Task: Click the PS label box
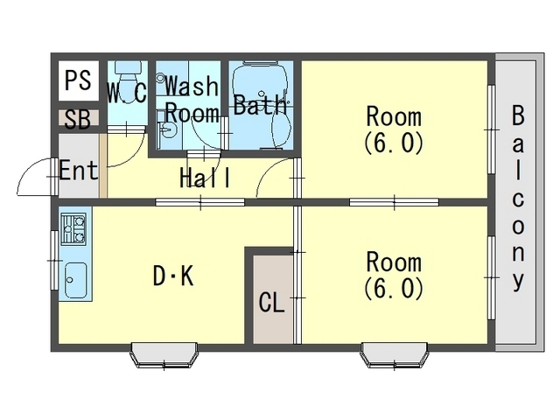click(x=78, y=80)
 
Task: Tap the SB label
click(x=78, y=119)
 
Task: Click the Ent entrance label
click(x=78, y=171)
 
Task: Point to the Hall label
click(x=205, y=178)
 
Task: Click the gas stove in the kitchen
click(x=73, y=229)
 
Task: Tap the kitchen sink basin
click(x=75, y=280)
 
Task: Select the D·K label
click(x=173, y=276)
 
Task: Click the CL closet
click(x=272, y=299)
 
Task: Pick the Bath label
click(x=260, y=104)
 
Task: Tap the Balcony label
click(x=518, y=198)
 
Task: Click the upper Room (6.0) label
click(x=394, y=129)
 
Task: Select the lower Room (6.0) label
click(x=394, y=276)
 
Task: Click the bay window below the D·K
click(x=164, y=354)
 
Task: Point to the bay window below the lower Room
click(x=395, y=354)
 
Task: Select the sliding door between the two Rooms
click(x=394, y=202)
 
